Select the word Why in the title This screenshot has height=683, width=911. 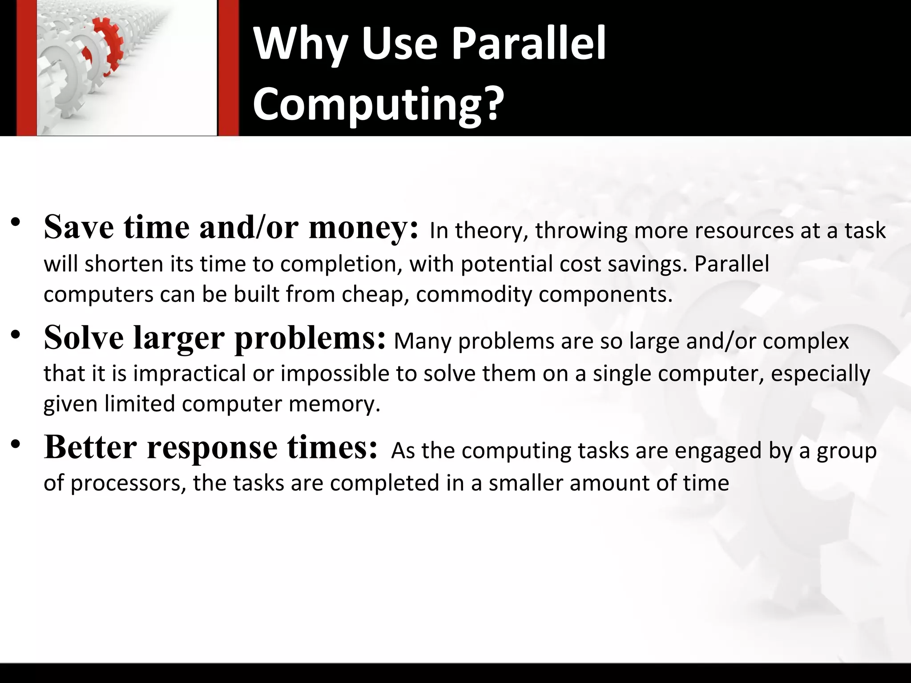[300, 44]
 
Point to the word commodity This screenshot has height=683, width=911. [474, 294]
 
